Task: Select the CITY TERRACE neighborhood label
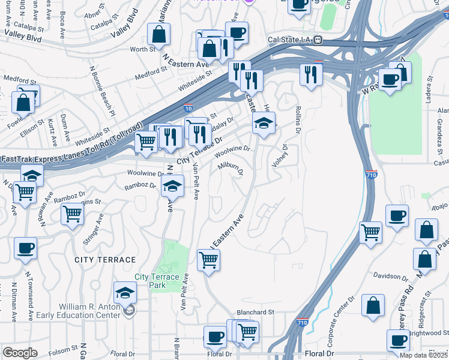[x=105, y=259]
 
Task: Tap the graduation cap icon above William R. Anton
[x=125, y=293]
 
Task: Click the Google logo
[x=20, y=353]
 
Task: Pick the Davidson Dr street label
[x=390, y=277]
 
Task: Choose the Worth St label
[x=142, y=50]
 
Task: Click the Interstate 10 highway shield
[x=188, y=109]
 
